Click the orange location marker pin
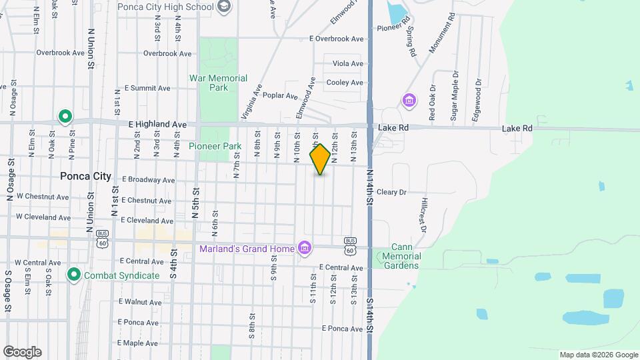(x=320, y=159)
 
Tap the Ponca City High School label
(x=165, y=7)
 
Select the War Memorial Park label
(x=218, y=83)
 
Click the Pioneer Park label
(x=223, y=145)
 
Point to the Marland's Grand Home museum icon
(x=305, y=249)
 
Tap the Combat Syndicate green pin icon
(x=74, y=275)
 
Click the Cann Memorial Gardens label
(x=401, y=256)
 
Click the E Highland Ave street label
(x=157, y=124)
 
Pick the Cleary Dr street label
(x=391, y=192)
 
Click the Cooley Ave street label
(x=345, y=83)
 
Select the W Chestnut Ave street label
(x=43, y=197)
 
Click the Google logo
(x=22, y=351)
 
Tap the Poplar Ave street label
(x=280, y=96)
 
